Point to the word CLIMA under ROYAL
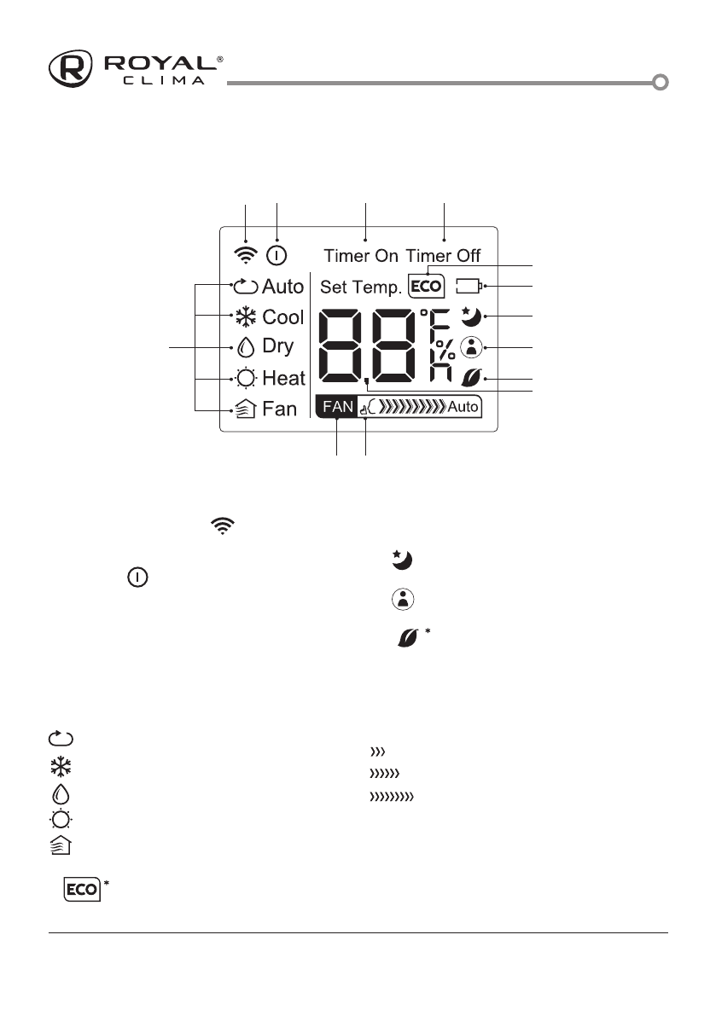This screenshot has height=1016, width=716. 160,81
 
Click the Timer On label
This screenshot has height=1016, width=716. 361,256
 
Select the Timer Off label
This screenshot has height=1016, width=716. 443,256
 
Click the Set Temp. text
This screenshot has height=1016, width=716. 360,286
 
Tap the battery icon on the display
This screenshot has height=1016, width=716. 469,286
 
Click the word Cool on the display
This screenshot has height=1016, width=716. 282,317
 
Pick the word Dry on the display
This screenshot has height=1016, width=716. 278,346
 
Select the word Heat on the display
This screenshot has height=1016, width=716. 283,378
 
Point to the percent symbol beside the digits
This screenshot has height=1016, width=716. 445,351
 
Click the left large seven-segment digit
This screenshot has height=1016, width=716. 341,345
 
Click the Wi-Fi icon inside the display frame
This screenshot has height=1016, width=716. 247,253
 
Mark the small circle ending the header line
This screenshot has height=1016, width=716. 660,83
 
